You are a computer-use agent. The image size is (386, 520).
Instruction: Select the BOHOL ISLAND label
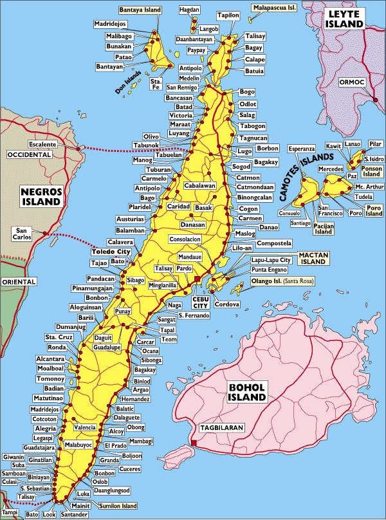click(x=248, y=392)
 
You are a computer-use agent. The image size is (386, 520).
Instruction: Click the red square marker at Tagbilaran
click(x=194, y=443)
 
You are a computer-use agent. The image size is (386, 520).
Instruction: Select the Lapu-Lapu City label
click(x=271, y=260)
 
